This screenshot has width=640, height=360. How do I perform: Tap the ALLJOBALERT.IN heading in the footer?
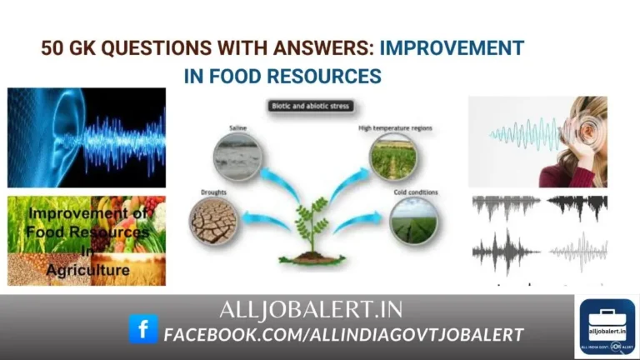310,311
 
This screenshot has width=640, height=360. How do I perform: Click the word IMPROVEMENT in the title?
452,47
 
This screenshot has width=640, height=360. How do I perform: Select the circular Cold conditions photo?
414,221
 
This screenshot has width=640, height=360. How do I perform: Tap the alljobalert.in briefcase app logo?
607,326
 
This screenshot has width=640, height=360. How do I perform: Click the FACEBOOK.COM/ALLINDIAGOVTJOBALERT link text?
343,335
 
